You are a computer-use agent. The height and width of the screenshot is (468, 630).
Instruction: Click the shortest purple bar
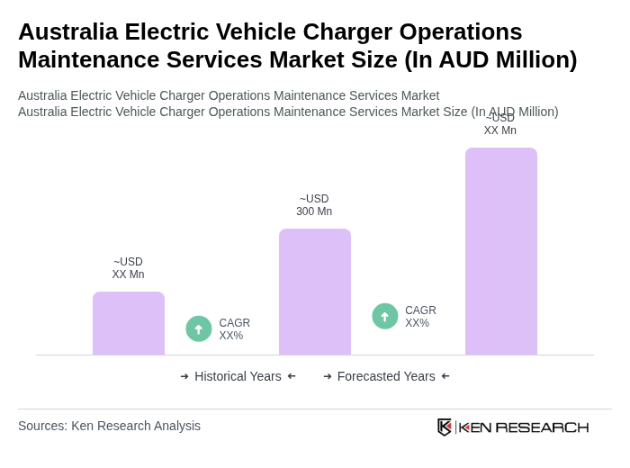(129, 323)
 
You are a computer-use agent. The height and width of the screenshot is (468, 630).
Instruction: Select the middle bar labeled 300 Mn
(315, 292)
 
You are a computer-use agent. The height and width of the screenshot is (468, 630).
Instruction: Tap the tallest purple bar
(501, 251)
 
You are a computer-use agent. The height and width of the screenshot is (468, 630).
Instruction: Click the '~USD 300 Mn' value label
(314, 205)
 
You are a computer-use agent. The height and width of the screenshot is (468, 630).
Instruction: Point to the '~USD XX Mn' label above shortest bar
(128, 268)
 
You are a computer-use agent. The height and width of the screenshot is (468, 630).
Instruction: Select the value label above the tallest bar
(500, 125)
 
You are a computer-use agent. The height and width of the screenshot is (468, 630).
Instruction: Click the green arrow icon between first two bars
(199, 329)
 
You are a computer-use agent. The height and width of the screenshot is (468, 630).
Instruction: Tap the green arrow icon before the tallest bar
(385, 317)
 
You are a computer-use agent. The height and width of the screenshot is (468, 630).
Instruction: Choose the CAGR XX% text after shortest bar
(234, 329)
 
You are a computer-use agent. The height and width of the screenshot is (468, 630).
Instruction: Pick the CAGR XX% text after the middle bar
(420, 317)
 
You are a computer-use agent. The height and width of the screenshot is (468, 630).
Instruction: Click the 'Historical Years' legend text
(238, 376)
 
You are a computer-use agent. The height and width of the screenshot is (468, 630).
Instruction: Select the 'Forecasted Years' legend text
(386, 376)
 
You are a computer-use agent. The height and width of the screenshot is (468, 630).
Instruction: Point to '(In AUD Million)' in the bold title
(490, 60)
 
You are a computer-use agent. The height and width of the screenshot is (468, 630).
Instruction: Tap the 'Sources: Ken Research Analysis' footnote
(109, 426)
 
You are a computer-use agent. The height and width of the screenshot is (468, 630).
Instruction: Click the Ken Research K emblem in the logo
(445, 427)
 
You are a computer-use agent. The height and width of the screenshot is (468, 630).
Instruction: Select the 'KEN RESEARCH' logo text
(524, 427)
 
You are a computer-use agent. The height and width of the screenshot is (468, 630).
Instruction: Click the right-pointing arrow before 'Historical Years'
(184, 376)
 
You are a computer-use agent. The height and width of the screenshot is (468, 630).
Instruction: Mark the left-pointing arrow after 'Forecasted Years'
(445, 376)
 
